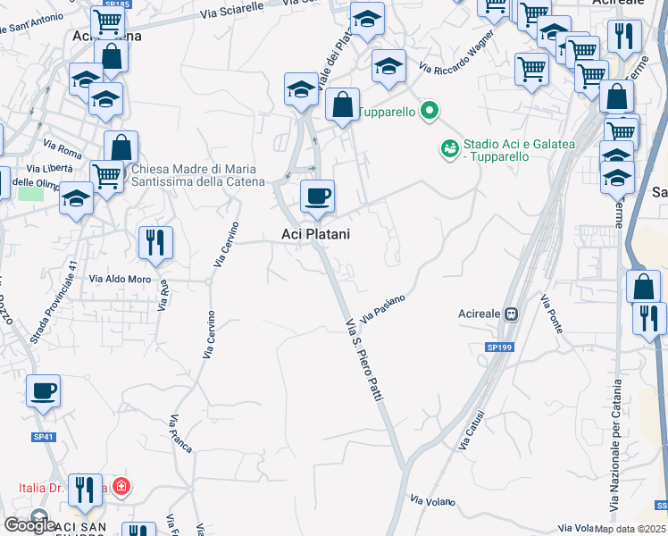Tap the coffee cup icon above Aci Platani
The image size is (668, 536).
coord(316,196)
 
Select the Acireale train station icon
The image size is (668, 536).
coord(512,314)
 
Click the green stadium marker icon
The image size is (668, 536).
coord(449,147)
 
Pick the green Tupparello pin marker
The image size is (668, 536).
coord(430,112)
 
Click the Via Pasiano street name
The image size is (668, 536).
coord(384,310)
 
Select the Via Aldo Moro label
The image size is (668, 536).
coord(120,280)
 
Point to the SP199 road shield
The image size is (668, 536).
coord(500,347)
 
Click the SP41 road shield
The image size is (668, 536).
coord(44,437)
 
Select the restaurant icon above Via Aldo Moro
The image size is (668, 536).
coord(155,241)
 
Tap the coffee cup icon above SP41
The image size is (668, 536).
coord(43,390)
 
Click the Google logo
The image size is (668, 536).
coord(29,525)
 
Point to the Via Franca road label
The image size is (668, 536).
coord(180,435)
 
